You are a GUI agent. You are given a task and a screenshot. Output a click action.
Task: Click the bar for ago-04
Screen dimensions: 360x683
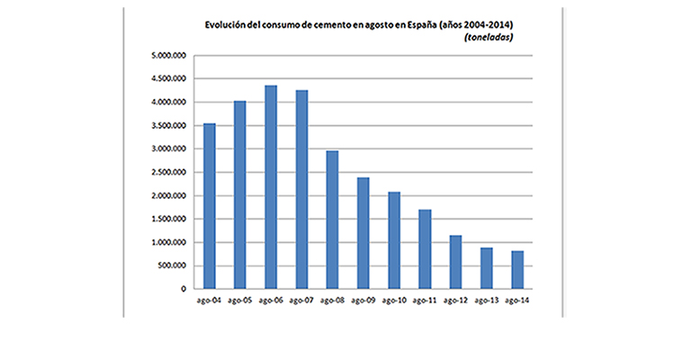coord(210,206)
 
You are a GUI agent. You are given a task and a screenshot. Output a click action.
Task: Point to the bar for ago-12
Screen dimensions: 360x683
coord(455,262)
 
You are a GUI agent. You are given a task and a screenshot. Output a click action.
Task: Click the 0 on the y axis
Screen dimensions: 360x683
coord(183,290)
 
